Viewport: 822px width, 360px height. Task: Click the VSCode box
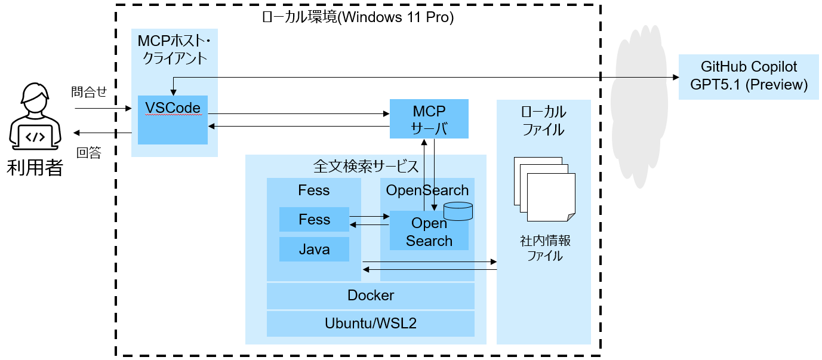pos(173,119)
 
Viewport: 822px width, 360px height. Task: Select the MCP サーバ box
pos(429,119)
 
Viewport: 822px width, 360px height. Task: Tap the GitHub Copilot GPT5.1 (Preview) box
pos(749,76)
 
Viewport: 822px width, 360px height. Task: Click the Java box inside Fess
pos(314,249)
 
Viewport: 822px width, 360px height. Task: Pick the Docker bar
pos(370,296)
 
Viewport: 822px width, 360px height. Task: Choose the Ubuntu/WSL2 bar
pos(370,324)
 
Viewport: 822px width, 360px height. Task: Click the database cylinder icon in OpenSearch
pos(458,211)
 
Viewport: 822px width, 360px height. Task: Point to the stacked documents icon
pos(544,189)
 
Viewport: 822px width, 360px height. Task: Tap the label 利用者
pos(35,168)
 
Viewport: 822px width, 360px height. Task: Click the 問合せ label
pos(88,92)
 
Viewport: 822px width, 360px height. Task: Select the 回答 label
pos(89,153)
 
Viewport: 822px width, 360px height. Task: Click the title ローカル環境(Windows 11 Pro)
pos(358,18)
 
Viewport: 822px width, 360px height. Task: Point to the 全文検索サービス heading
pos(365,166)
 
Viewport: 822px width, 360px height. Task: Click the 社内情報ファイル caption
pos(544,248)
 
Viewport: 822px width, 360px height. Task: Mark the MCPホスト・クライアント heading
pos(174,50)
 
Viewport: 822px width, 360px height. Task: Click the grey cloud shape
pos(639,107)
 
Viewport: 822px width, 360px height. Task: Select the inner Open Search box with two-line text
pos(429,232)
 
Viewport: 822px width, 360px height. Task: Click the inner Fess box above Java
pos(314,220)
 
